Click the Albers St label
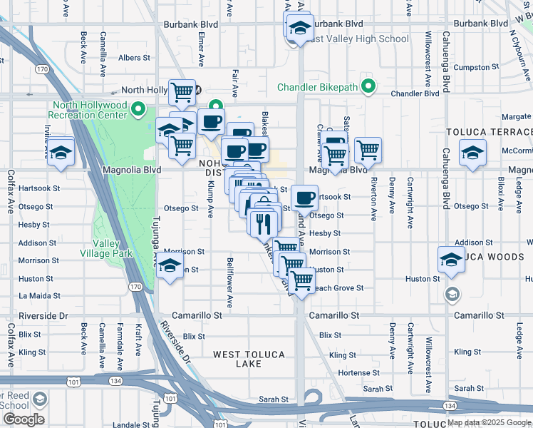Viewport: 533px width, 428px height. click(x=134, y=58)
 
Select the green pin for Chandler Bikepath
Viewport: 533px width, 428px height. click(x=368, y=87)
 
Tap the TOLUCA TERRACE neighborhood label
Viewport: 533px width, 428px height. click(x=489, y=133)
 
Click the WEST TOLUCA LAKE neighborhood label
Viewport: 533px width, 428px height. click(x=249, y=359)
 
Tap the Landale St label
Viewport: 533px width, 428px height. click(x=131, y=425)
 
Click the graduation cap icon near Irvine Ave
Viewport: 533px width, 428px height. click(x=61, y=152)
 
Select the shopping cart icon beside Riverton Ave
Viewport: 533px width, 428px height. click(x=368, y=150)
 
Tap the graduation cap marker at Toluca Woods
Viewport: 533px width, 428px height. click(x=451, y=260)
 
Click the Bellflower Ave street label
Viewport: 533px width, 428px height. click(x=229, y=282)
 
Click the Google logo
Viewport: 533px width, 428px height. click(x=24, y=419)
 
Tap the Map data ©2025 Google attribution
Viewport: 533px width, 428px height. click(x=490, y=422)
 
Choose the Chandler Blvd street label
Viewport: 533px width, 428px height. click(x=415, y=93)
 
